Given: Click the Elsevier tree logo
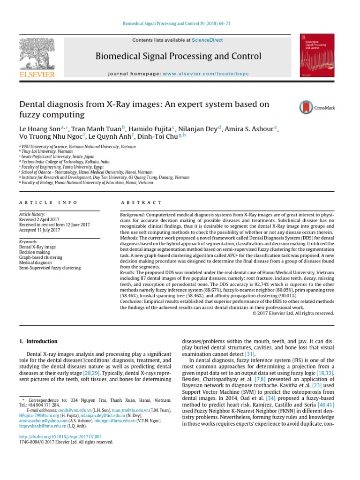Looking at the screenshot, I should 37,54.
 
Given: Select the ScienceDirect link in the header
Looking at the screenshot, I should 207,41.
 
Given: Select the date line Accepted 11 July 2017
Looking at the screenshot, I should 40,230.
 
